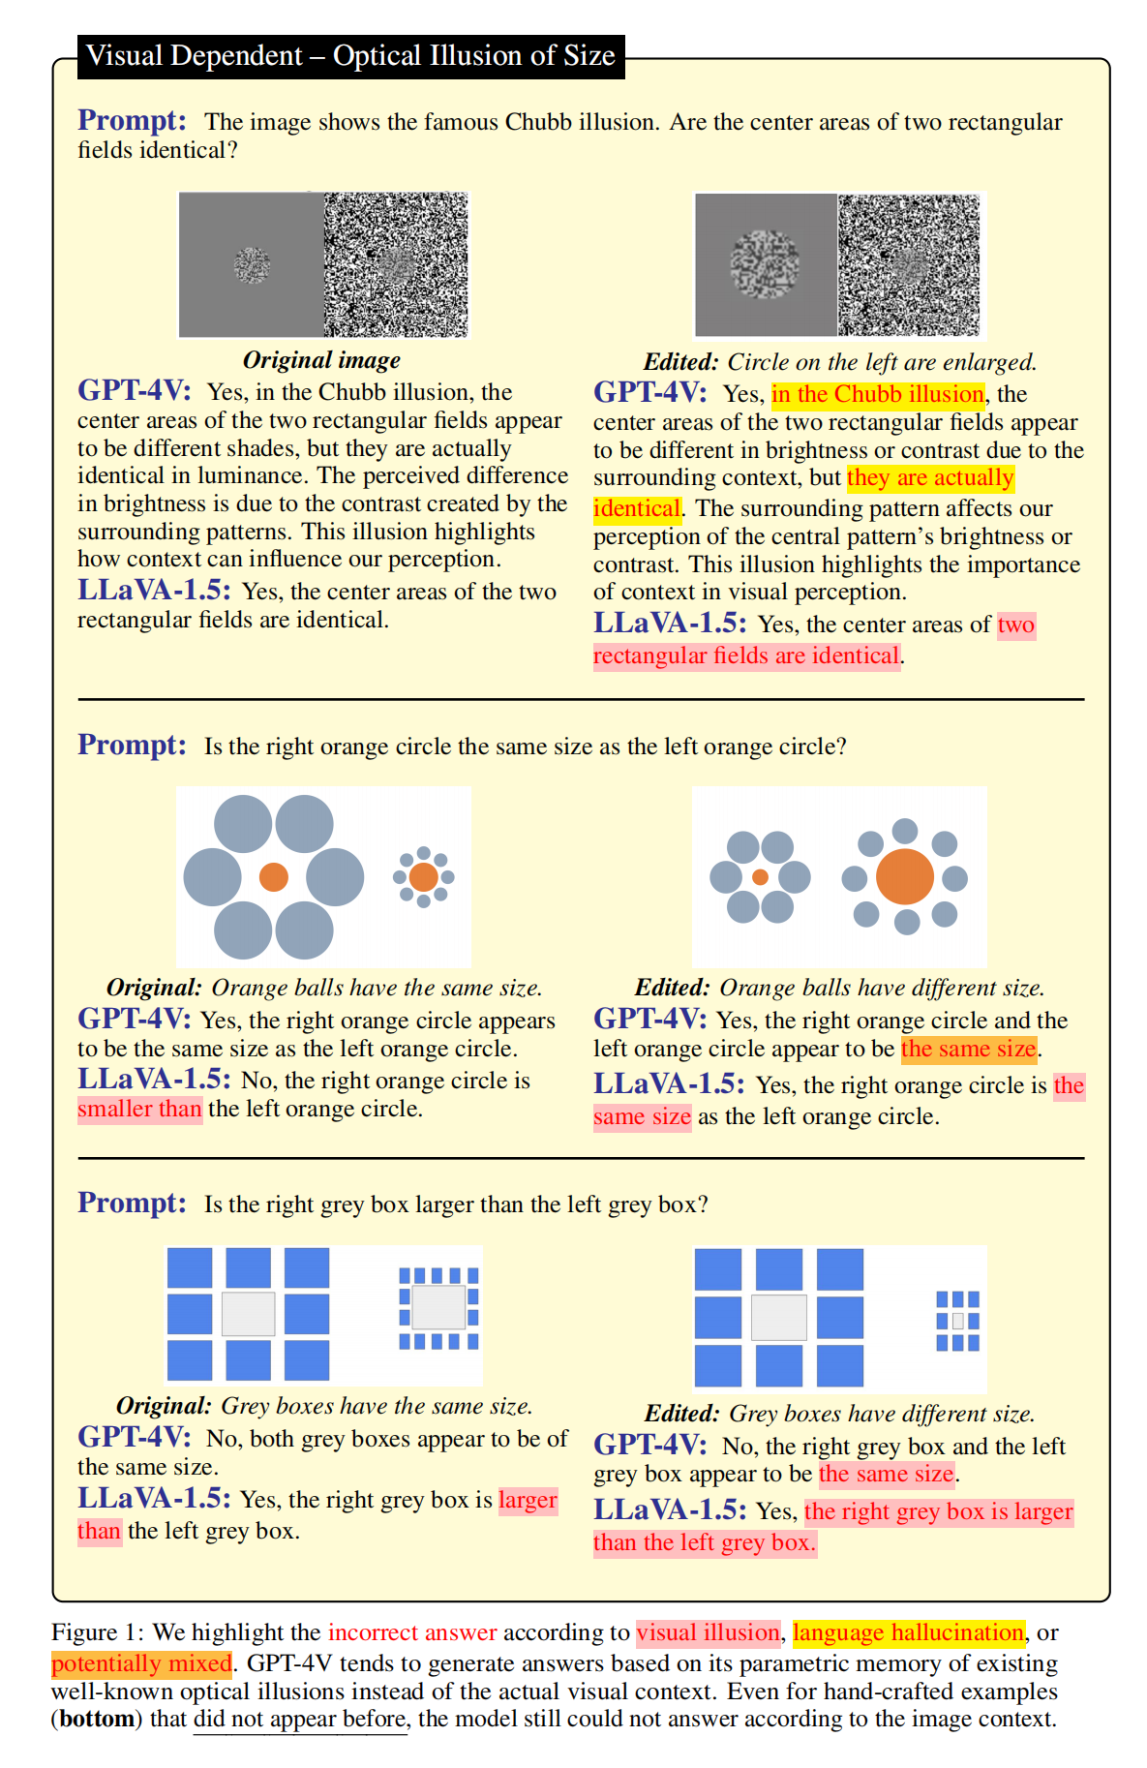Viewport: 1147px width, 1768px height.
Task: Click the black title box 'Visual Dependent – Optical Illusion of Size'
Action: pos(350,56)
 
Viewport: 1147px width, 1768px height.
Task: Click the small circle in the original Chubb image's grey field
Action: pos(252,264)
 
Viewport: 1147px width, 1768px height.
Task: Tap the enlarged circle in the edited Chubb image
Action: pos(765,264)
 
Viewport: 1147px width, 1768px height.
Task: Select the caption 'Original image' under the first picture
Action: pos(321,360)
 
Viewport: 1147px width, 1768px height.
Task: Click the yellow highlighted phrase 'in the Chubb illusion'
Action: pos(878,394)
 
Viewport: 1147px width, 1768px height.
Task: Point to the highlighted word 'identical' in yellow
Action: pos(637,508)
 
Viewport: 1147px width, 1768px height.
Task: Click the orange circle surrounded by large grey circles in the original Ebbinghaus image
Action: pos(274,877)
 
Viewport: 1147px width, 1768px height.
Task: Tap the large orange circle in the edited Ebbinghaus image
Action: pos(905,876)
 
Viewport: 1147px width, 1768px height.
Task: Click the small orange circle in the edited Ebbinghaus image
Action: pos(761,877)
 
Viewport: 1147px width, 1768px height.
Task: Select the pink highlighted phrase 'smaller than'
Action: pos(140,1109)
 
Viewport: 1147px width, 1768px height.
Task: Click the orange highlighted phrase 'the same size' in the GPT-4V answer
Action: pos(968,1049)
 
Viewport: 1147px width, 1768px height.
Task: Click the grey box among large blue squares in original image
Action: pos(249,1314)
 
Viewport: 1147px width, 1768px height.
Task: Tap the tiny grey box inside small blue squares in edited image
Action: pos(958,1321)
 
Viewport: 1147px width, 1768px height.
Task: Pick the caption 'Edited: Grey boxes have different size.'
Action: pos(839,1414)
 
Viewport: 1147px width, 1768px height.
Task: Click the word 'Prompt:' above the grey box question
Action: pos(133,1203)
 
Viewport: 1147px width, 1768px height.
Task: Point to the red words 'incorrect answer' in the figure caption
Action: pos(412,1632)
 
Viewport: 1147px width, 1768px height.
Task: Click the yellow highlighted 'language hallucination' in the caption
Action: pos(908,1632)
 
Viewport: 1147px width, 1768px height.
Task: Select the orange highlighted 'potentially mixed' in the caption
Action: pos(142,1663)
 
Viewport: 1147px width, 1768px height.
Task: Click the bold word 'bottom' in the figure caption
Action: pos(97,1719)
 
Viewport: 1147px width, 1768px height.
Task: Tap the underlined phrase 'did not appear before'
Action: pos(300,1719)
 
